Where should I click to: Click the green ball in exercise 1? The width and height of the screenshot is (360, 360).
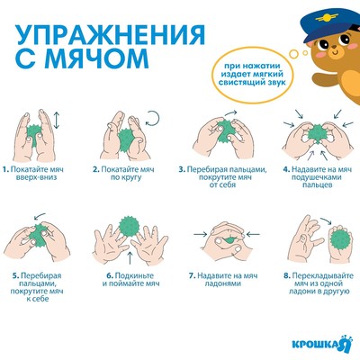pyautogui.click(x=37, y=135)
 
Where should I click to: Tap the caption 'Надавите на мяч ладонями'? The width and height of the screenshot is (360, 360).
pyautogui.click(x=219, y=280)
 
